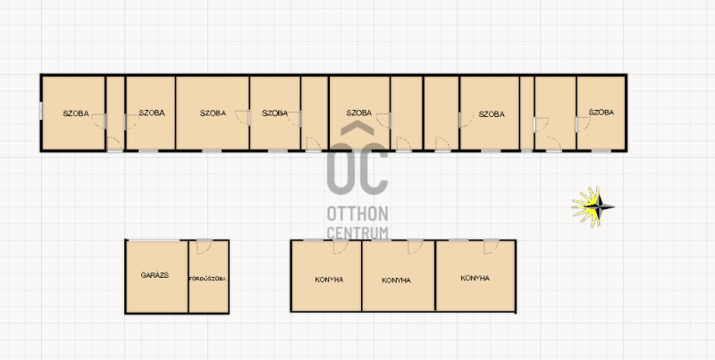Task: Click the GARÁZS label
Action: [x=155, y=275]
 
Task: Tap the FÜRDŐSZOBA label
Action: [x=207, y=279]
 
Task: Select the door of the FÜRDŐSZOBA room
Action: [x=204, y=247]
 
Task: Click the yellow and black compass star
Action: [x=593, y=207]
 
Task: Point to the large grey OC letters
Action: [x=358, y=168]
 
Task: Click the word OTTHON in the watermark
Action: [x=357, y=213]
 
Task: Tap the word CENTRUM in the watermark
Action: [x=357, y=232]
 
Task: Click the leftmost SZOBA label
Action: [x=76, y=113]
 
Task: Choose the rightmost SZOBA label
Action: [x=601, y=112]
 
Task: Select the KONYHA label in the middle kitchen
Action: [x=396, y=280]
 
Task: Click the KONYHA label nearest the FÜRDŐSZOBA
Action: [x=329, y=280]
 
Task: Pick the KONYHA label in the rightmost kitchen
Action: [x=475, y=278]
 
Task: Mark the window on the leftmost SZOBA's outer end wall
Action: [x=41, y=111]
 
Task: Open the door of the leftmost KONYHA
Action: [x=341, y=247]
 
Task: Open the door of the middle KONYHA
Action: [x=415, y=247]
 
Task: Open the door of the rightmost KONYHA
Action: [x=492, y=247]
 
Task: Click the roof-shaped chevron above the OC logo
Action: [x=358, y=129]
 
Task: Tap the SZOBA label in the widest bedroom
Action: [x=213, y=113]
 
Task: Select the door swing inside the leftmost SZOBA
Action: [x=99, y=121]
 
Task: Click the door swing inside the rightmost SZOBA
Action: [x=584, y=124]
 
